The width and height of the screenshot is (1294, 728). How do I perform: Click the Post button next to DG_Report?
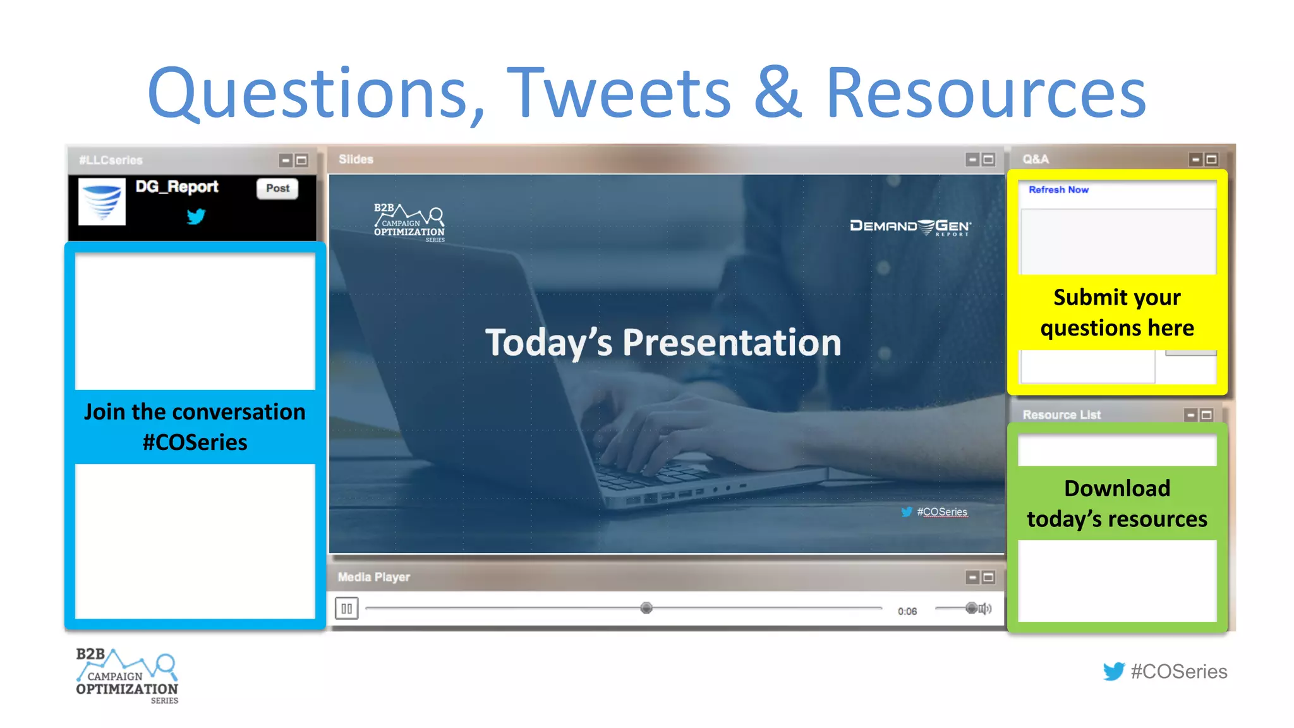[x=277, y=188]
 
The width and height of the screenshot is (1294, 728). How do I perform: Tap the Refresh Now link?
[x=1058, y=190]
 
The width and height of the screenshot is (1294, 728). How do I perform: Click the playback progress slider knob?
[x=646, y=608]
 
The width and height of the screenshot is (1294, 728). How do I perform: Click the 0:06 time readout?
[x=907, y=611]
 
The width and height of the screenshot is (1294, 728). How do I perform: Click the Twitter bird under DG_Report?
[x=196, y=217]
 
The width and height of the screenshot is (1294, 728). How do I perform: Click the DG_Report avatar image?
[x=102, y=202]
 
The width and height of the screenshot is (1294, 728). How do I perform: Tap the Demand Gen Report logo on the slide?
[x=910, y=227]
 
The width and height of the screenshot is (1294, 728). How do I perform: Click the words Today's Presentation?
[x=663, y=343]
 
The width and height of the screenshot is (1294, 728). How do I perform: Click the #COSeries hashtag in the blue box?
[x=195, y=442]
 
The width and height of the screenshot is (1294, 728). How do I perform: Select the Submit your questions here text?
[x=1117, y=312]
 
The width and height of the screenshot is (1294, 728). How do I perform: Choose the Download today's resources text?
[x=1117, y=504]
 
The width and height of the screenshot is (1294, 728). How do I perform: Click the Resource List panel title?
[x=1061, y=415]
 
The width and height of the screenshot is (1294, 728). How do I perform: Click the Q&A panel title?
[x=1036, y=159]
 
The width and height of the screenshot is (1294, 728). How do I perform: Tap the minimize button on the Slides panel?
[x=972, y=159]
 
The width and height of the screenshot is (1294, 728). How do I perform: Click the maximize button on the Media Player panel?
[x=989, y=577]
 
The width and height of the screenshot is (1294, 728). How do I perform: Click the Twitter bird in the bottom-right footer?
[x=1113, y=671]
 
